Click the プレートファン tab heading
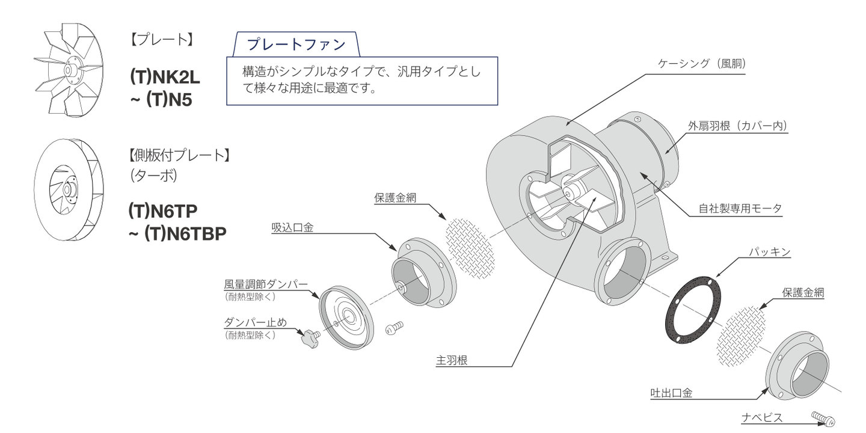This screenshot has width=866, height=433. click(297, 45)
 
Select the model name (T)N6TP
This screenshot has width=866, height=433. click(163, 210)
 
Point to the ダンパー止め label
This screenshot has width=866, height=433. click(255, 322)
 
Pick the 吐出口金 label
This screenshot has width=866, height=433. click(671, 393)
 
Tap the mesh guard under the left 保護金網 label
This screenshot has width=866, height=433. click(471, 247)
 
